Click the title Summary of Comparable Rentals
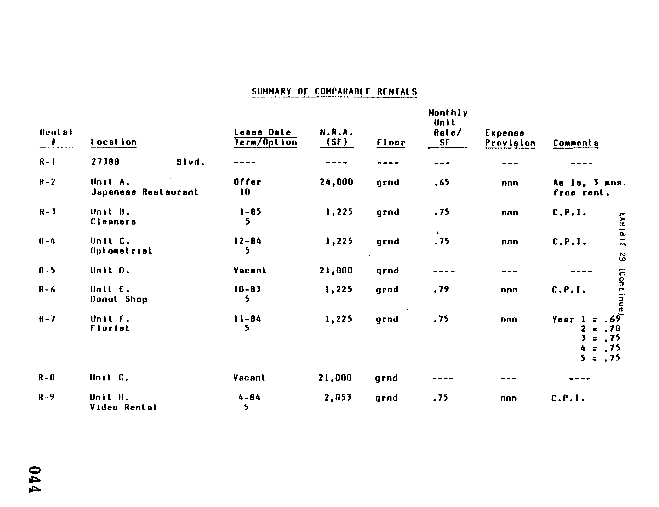point(334,91)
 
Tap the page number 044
point(35,480)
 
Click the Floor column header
point(391,143)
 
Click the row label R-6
point(47,290)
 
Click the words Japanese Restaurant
point(145,192)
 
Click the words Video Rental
point(123,407)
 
